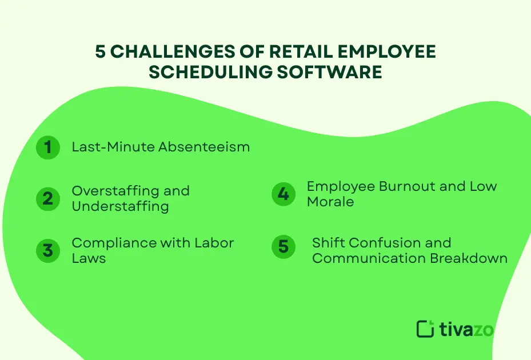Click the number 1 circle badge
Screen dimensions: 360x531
point(48,147)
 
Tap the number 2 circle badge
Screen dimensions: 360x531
point(48,198)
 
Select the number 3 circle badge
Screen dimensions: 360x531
point(48,251)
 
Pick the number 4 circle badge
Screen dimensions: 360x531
point(283,194)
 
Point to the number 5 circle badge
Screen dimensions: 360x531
point(283,247)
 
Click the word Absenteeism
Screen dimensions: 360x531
point(204,147)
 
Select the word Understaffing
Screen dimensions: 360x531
point(120,206)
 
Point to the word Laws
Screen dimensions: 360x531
point(89,258)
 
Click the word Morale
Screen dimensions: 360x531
point(330,202)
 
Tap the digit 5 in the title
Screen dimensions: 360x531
point(101,52)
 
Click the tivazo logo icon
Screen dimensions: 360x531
point(426,329)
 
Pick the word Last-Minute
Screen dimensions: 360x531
point(113,147)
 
